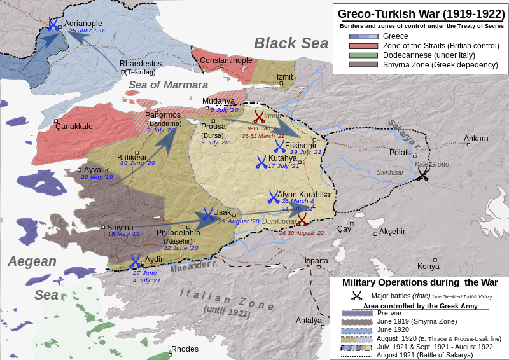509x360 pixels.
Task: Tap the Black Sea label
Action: [291, 43]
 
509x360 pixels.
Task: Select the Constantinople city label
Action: [226, 60]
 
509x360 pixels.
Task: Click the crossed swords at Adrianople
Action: [53, 24]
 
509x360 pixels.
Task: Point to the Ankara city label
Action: [476, 139]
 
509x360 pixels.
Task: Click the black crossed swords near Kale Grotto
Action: [422, 175]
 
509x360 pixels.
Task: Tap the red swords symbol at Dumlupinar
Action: [302, 219]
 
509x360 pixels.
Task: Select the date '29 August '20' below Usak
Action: [239, 221]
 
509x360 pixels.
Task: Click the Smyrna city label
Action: [120, 227]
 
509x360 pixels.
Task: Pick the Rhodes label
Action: [185, 349]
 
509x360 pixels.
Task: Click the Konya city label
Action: [428, 266]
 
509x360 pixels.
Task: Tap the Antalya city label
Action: [309, 320]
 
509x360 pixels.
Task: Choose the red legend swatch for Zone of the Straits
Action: [363, 46]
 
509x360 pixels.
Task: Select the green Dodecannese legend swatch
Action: [363, 55]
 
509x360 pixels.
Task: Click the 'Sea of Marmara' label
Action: [168, 85]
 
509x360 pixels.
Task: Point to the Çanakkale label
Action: [74, 127]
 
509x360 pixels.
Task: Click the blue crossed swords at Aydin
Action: [136, 261]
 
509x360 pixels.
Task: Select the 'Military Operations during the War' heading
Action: [419, 282]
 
